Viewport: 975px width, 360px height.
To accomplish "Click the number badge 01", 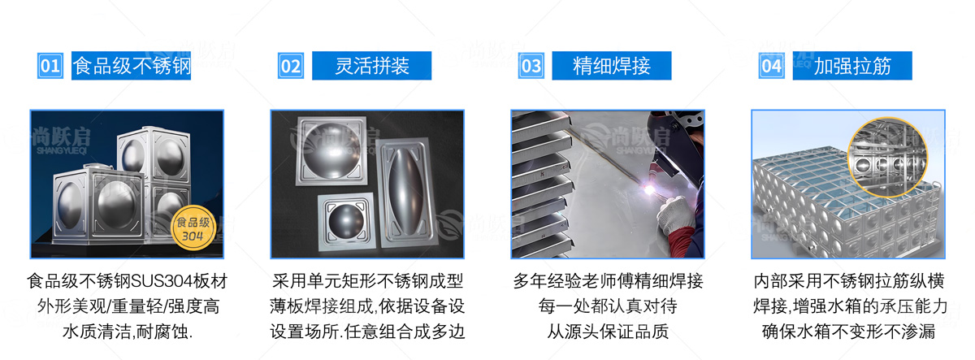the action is pyautogui.click(x=50, y=66).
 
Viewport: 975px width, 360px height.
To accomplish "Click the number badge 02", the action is pyautogui.click(x=291, y=66).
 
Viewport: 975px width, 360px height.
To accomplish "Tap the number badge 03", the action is pyautogui.click(x=531, y=66).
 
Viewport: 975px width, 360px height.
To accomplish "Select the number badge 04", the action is pyautogui.click(x=772, y=66).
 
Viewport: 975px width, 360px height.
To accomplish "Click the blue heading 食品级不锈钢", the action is pyautogui.click(x=131, y=66).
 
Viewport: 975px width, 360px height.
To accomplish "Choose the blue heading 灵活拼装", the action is pyautogui.click(x=372, y=66).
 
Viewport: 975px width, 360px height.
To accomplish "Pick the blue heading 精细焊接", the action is pyautogui.click(x=612, y=66).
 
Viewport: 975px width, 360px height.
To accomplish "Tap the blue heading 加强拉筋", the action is pyautogui.click(x=852, y=66).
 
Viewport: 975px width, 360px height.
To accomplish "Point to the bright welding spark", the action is pyautogui.click(x=649, y=189).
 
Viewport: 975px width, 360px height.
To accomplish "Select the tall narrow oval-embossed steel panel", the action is pyautogui.click(x=405, y=192).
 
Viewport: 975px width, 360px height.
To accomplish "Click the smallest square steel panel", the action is pyautogui.click(x=346, y=221).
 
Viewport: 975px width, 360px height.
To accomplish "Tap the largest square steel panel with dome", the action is pyautogui.click(x=331, y=150).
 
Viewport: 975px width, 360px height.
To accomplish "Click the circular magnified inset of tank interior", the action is pyautogui.click(x=888, y=157).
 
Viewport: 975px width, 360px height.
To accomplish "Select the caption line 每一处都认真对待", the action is pyautogui.click(x=608, y=306).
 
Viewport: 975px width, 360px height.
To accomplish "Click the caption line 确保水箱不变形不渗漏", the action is pyautogui.click(x=849, y=332).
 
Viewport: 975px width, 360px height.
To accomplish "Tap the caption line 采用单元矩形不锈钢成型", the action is pyautogui.click(x=367, y=281).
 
